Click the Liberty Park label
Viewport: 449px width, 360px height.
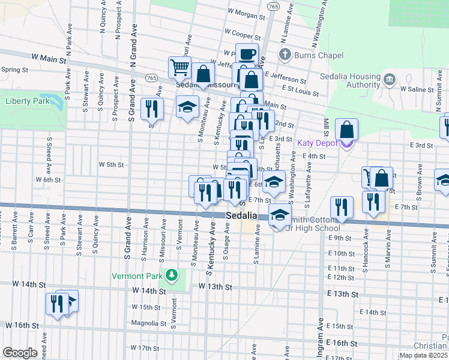pos(28,101)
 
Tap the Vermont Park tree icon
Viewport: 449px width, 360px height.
pos(172,275)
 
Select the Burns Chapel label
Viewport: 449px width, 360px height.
pos(318,56)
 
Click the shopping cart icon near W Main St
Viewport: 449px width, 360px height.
pos(179,69)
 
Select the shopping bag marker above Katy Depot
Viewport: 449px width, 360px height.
pos(347,130)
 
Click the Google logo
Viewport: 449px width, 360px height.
pos(20,352)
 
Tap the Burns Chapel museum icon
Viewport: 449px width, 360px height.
pos(285,55)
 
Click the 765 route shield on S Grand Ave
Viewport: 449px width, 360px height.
pos(151,78)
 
